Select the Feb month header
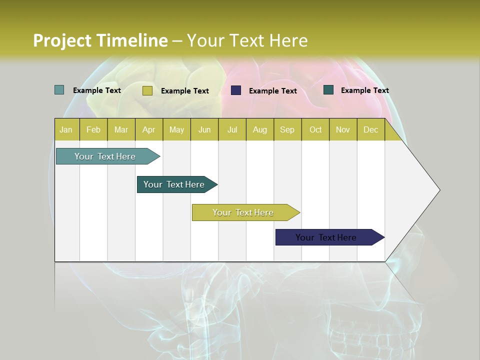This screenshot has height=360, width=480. [x=93, y=129]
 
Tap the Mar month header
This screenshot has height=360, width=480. [x=121, y=129]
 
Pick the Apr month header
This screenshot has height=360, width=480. [x=149, y=129]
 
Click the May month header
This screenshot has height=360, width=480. [x=176, y=129]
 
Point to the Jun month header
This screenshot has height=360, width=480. [x=204, y=129]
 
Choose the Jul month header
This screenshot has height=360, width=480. [x=232, y=129]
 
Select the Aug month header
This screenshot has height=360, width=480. [x=260, y=129]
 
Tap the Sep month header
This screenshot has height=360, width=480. [x=287, y=129]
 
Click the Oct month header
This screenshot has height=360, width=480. [x=315, y=129]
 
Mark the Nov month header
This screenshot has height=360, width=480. [x=343, y=129]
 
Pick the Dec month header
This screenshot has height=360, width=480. [x=371, y=129]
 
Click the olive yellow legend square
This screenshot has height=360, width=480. [x=147, y=90]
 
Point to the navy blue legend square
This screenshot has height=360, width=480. [x=236, y=90]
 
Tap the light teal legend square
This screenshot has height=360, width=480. [x=59, y=90]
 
